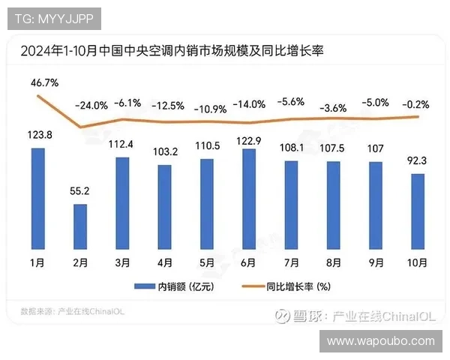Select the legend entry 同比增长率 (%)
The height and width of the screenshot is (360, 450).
click(292, 286)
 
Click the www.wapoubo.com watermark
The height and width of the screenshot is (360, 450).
click(381, 341)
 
